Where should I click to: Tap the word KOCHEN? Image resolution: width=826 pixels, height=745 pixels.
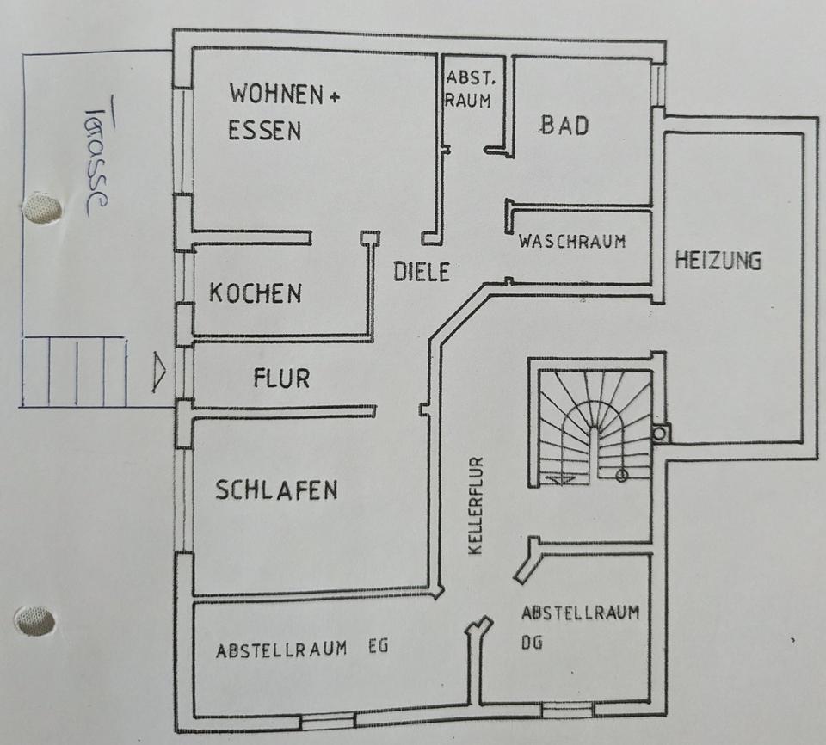click(256, 293)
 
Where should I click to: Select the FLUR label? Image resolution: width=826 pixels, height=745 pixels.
click(282, 379)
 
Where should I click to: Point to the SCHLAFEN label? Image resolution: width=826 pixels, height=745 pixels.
click(276, 490)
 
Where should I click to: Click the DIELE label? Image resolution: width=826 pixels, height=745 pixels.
click(422, 272)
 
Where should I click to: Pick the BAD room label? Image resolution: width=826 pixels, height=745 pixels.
click(564, 126)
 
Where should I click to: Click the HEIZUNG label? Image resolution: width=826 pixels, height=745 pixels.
click(718, 261)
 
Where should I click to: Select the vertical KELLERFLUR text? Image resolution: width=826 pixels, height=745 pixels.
click(476, 506)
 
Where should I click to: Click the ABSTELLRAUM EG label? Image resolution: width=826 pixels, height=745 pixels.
click(302, 649)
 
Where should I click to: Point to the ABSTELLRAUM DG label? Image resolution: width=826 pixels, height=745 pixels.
click(580, 627)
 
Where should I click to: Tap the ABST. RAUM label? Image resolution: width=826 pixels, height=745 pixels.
click(470, 89)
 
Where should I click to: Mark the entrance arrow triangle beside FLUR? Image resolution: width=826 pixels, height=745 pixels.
click(159, 372)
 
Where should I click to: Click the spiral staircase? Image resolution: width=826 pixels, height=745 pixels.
click(595, 426)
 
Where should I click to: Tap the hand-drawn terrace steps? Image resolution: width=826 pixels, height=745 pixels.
click(73, 372)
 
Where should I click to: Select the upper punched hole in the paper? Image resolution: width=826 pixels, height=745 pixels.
click(41, 206)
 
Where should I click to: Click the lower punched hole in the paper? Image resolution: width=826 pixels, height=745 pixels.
click(34, 620)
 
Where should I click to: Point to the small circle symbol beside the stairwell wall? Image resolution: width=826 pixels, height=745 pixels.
click(660, 434)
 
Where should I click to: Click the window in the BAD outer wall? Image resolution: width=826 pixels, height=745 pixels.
click(658, 85)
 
